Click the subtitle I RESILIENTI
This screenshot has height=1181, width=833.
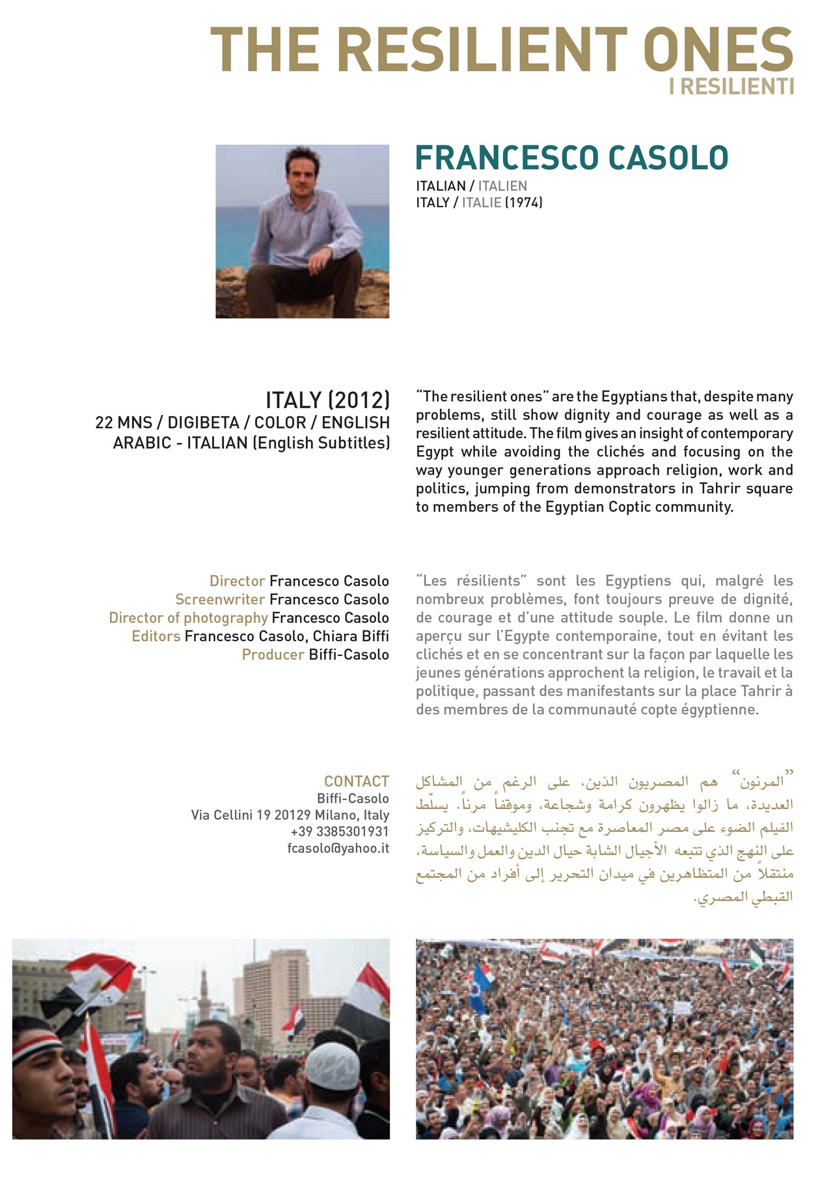tap(731, 87)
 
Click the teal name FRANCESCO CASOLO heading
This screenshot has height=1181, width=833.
tap(571, 158)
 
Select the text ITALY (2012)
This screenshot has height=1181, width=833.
tap(327, 400)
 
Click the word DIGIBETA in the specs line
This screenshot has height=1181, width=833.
tap(204, 422)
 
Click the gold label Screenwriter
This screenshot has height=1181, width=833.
tap(220, 599)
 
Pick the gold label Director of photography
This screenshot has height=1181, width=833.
tap(188, 618)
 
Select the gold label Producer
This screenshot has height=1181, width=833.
tap(273, 655)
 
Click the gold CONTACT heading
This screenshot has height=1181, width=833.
tap(357, 781)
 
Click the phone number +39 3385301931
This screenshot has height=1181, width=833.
tap(340, 832)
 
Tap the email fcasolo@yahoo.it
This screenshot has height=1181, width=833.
tap(338, 848)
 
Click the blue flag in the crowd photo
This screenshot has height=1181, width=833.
tap(481, 984)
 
